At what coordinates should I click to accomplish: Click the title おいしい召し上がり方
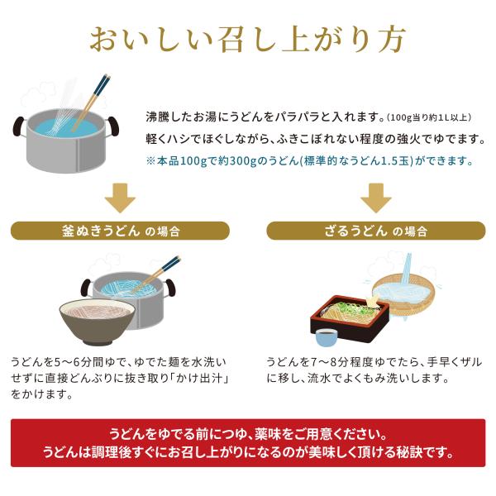248,40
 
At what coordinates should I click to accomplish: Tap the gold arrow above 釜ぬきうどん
120,198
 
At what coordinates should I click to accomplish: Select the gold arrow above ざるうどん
376,198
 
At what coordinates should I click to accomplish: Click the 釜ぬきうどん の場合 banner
120,231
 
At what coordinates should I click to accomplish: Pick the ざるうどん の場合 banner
376,231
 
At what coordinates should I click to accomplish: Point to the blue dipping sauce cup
327,337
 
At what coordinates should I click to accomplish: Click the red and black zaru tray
350,319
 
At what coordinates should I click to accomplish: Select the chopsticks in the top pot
90,103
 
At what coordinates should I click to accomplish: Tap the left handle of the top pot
19,126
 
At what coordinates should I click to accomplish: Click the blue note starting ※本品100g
309,161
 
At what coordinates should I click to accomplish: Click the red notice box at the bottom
248,442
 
